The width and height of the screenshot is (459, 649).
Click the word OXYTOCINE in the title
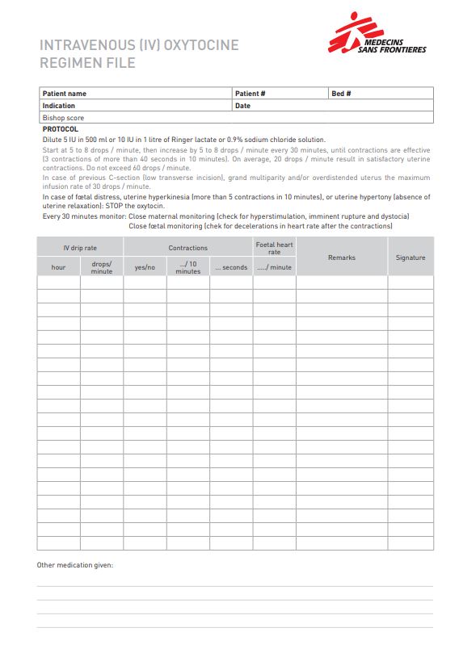coord(201,45)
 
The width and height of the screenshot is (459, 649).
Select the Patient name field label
coord(64,94)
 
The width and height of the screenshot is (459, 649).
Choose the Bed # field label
coord(341,94)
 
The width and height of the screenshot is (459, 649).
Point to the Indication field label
coord(58,106)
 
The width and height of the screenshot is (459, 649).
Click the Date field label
coord(242,106)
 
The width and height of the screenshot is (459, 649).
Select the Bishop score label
coord(63,118)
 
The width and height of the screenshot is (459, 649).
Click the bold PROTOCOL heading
coord(60,129)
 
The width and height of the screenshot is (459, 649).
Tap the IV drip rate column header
coord(80,248)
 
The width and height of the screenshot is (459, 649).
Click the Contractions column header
coord(187,248)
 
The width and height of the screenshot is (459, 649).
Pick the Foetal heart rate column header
coord(274,248)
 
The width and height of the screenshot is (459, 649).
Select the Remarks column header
coord(341,258)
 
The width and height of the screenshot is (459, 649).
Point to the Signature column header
coord(410,258)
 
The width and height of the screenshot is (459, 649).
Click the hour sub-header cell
coord(58,267)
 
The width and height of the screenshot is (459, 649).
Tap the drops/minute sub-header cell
coord(102,267)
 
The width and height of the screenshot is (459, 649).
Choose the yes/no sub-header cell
coord(145,267)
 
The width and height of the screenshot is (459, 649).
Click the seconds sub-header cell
coord(231,267)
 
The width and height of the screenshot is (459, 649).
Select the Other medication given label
coord(75,565)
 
